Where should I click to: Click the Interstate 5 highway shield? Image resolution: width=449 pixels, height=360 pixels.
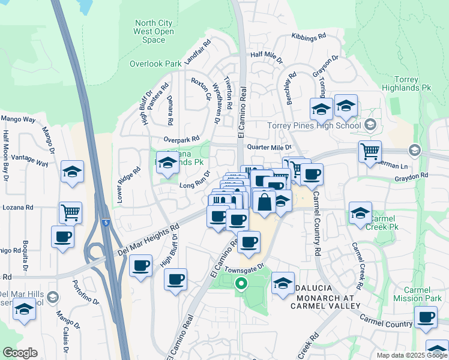(106, 223)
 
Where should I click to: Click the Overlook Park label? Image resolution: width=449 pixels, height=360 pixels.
(155, 64)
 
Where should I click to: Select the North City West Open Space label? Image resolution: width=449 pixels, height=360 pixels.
(154, 32)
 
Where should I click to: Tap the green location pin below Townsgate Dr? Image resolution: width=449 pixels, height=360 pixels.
(241, 283)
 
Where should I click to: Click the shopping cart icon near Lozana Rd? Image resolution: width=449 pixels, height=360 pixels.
(71, 211)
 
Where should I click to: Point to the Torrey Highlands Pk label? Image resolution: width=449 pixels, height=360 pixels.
(412, 83)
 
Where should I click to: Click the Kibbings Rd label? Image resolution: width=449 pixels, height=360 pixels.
(309, 37)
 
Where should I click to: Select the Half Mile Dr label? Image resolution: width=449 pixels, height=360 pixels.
(267, 55)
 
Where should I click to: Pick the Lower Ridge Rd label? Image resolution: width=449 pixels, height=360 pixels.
(129, 184)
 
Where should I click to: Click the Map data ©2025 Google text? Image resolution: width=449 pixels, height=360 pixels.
(412, 355)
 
